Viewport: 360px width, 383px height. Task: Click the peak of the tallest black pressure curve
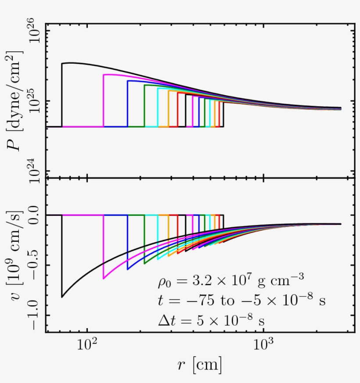70,63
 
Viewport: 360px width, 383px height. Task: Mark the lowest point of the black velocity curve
62,297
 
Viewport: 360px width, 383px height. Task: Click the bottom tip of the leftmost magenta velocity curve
104,279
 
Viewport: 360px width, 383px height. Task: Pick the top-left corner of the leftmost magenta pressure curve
104,75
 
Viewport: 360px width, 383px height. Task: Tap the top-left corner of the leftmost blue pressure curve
128,81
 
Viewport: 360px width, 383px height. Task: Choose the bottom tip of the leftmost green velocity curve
144,264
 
